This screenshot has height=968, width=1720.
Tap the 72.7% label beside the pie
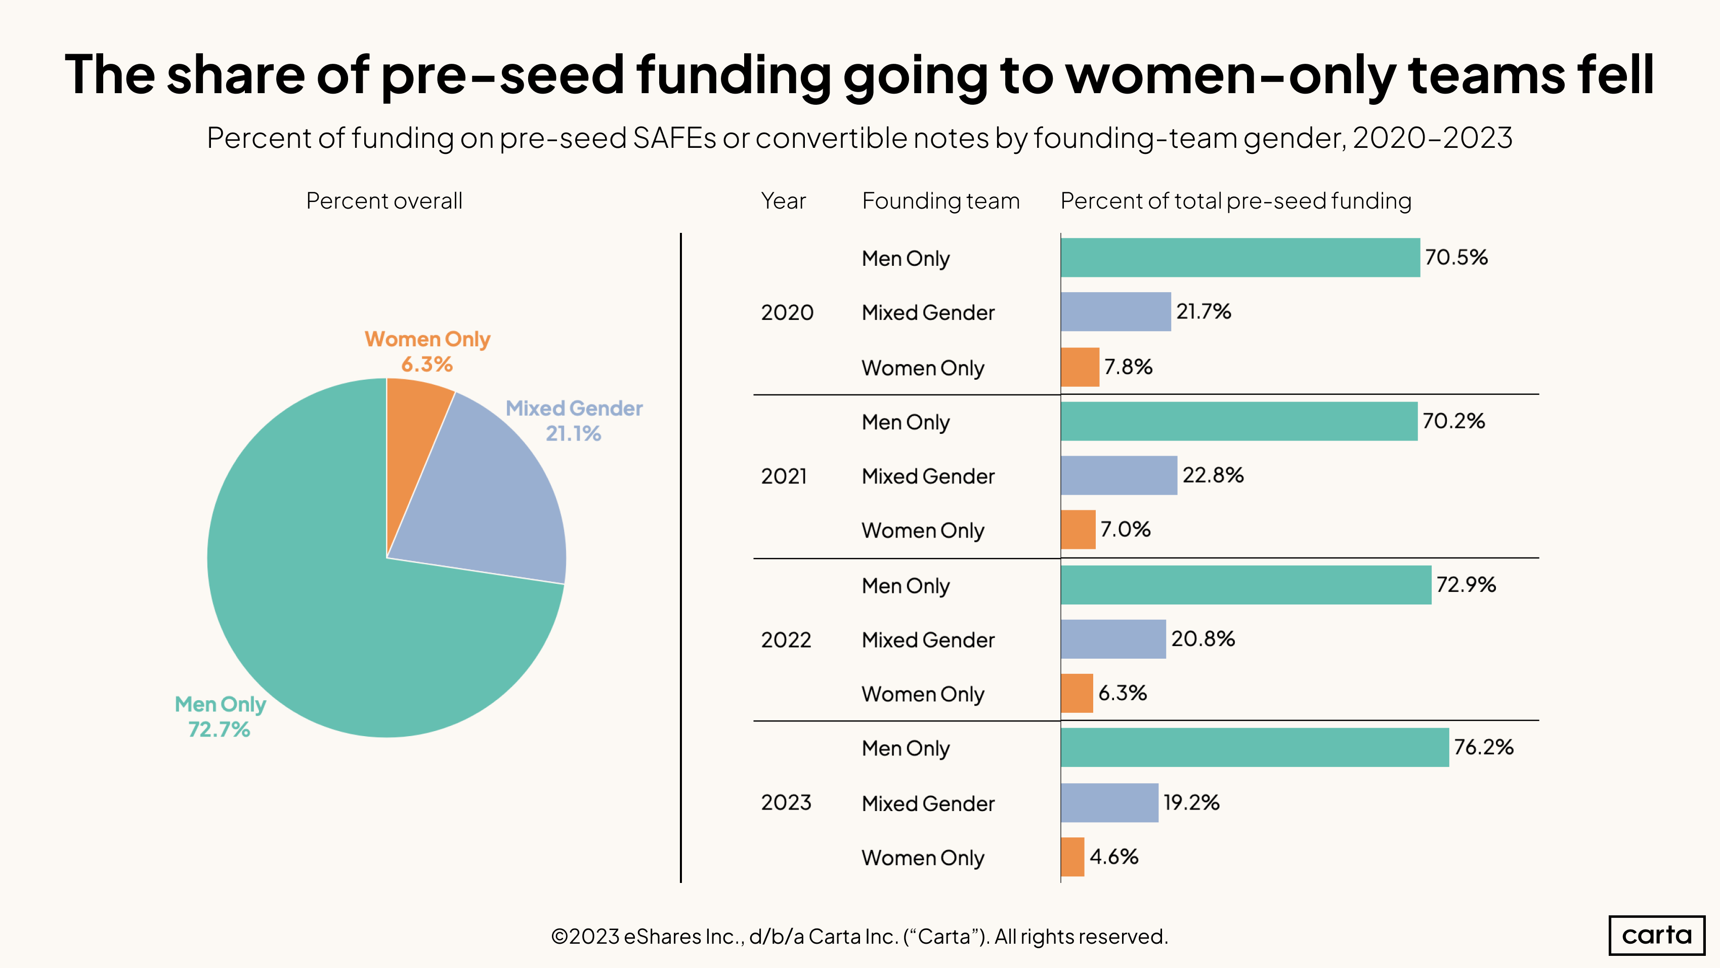(x=219, y=730)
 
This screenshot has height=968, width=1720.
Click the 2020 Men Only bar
(x=1239, y=257)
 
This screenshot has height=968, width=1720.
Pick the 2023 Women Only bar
(x=1072, y=857)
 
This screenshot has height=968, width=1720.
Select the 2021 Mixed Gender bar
(x=1119, y=476)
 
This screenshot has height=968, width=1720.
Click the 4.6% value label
(x=1114, y=857)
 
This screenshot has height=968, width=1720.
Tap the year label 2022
(x=786, y=640)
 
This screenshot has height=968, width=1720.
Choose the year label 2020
(x=787, y=313)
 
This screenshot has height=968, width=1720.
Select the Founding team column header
(x=940, y=201)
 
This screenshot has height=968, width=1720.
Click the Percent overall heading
(x=384, y=201)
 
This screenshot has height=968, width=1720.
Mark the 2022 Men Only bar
(x=1245, y=585)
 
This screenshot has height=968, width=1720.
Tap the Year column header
(x=783, y=201)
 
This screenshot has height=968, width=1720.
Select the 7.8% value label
(x=1128, y=367)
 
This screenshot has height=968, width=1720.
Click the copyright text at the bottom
(x=859, y=937)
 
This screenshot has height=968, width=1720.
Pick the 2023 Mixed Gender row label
(x=928, y=803)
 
